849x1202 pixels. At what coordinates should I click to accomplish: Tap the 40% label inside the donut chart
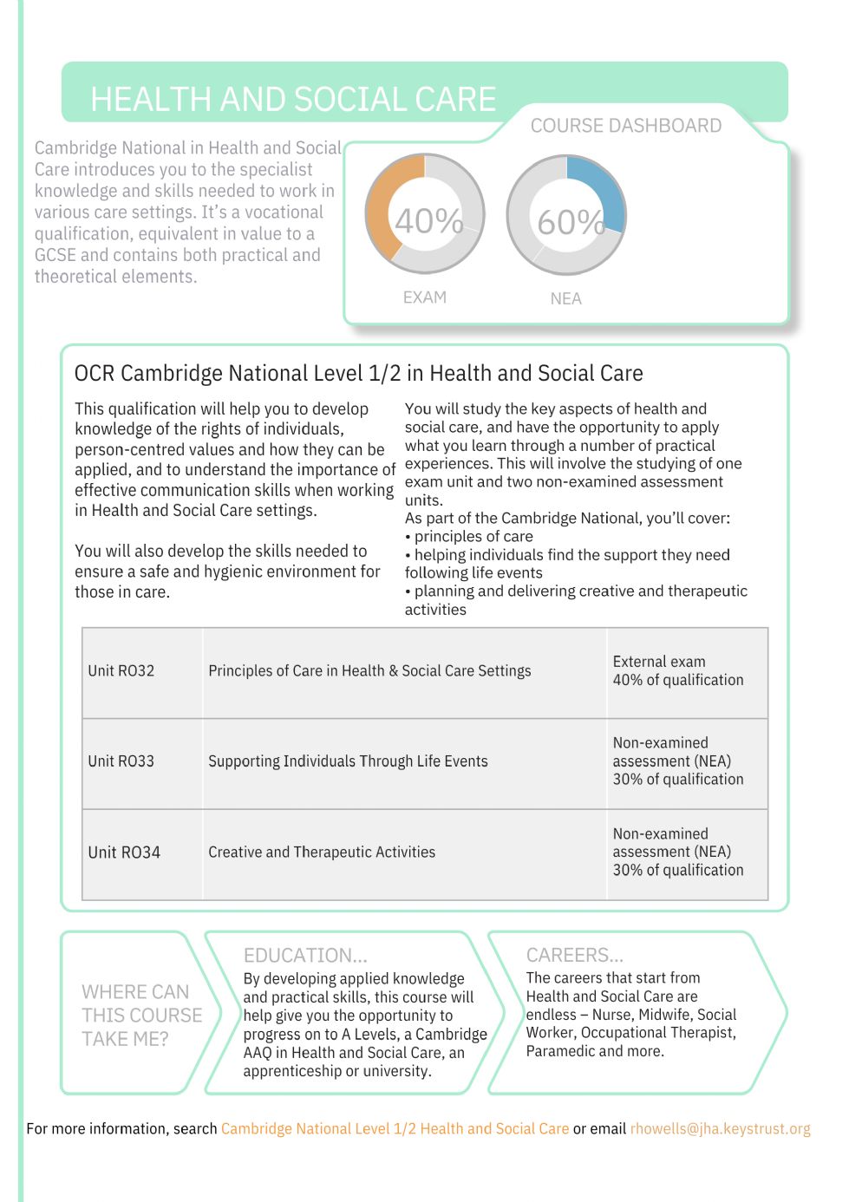click(x=428, y=221)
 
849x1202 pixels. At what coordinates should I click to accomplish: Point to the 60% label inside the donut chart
click(x=570, y=223)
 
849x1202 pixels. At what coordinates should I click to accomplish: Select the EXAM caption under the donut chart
click(x=425, y=297)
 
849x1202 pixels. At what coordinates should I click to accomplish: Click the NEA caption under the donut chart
click(x=565, y=298)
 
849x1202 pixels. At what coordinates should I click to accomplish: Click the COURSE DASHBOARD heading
click(x=625, y=126)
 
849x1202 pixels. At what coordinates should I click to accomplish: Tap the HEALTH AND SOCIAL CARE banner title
click(x=293, y=100)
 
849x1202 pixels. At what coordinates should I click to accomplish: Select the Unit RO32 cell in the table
click(x=121, y=670)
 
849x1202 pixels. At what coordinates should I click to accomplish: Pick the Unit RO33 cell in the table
click(x=121, y=761)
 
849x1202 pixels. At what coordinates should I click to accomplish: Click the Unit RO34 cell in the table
click(x=124, y=852)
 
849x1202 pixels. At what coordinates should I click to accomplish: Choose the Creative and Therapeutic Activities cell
click(x=322, y=852)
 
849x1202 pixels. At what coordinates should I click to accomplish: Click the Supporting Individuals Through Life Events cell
click(x=348, y=761)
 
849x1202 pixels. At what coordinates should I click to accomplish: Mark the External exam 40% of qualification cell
click(x=677, y=670)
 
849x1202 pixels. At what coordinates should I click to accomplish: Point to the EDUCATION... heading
click(x=305, y=955)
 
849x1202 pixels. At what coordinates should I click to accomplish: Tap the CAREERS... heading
click(x=574, y=955)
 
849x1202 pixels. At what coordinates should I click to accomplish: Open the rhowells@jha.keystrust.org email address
click(x=720, y=1128)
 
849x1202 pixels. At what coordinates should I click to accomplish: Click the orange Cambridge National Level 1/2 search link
click(x=395, y=1128)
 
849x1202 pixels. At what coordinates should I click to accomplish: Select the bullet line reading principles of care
click(x=473, y=536)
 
